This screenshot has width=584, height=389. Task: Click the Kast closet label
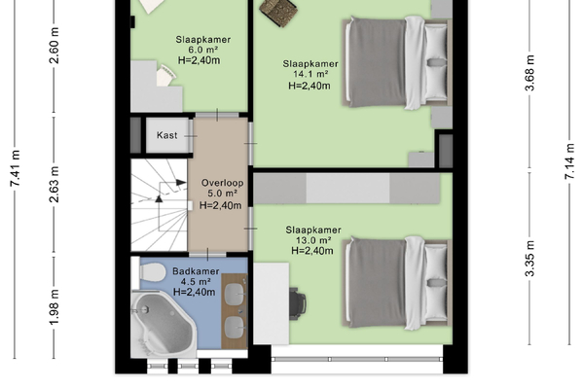(x=166, y=135)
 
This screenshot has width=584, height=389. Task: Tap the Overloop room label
(x=222, y=183)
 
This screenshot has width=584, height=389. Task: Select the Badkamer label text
(x=196, y=271)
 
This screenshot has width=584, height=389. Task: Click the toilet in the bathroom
(x=152, y=271)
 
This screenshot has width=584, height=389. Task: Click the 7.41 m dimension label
(x=16, y=168)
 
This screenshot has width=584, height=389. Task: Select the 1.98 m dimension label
(x=55, y=306)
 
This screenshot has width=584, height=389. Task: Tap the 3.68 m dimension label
(x=529, y=73)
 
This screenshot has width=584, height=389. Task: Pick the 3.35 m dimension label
(x=529, y=259)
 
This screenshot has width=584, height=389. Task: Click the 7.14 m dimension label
(x=569, y=161)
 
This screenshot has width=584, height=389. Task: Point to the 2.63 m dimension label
(x=55, y=184)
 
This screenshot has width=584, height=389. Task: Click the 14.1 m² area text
(x=310, y=74)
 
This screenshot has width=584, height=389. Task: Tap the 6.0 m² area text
(x=203, y=50)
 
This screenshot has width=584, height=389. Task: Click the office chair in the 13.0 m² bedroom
(x=298, y=302)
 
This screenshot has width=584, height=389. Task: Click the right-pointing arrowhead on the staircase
(x=181, y=182)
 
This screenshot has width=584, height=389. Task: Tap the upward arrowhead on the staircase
(x=159, y=198)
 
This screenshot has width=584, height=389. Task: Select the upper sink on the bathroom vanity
(x=235, y=293)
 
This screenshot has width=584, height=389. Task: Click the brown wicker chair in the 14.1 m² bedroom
(x=278, y=11)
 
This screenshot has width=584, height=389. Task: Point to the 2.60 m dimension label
(x=55, y=46)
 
